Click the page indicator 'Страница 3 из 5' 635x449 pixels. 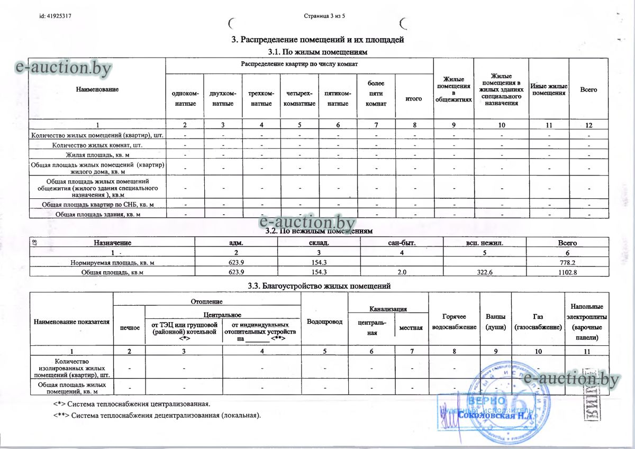324,16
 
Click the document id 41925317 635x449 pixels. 56,16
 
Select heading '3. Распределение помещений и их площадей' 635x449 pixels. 318,40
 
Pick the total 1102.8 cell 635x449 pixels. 567,272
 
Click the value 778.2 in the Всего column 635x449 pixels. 567,262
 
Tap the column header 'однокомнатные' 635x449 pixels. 184,98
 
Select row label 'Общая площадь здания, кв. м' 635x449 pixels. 97,214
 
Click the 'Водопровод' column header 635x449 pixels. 324,322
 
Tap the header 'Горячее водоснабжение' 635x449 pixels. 453,322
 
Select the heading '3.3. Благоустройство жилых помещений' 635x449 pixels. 319,286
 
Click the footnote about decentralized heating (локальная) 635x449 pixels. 157,415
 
